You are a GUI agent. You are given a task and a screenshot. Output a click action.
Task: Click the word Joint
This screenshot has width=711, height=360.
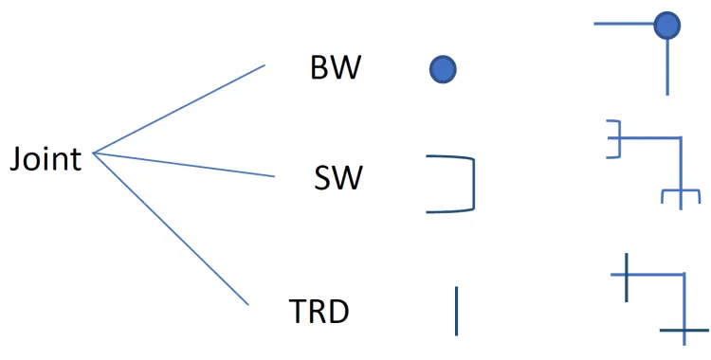pos(46,159)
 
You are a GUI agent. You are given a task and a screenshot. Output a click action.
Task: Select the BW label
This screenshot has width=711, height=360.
pos(336,69)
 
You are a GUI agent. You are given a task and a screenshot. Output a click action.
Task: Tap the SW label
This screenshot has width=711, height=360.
pos(338,178)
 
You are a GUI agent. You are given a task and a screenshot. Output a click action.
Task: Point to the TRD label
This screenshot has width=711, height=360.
pos(319,312)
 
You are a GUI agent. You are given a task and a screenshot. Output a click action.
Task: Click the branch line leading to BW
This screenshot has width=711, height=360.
pos(179,109)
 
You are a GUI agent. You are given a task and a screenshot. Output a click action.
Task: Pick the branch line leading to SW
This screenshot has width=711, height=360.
pos(184,165)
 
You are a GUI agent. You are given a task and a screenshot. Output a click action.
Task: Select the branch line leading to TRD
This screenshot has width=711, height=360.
pos(171,229)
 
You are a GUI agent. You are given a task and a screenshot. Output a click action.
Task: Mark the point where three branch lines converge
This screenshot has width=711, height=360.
pos(94,153)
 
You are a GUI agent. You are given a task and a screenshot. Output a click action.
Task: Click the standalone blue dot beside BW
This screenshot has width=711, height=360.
pos(443,70)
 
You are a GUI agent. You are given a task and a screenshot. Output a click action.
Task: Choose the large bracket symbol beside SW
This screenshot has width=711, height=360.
pos(473,184)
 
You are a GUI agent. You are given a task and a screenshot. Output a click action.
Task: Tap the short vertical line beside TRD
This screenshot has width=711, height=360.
pos(457,311)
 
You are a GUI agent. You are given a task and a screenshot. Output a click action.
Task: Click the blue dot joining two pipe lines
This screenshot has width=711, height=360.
pos(667,25)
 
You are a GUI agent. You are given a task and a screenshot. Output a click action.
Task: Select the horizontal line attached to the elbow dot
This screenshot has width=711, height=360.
pos(624,24)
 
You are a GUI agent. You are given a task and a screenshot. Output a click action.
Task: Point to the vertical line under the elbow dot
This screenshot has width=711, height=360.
pos(667,66)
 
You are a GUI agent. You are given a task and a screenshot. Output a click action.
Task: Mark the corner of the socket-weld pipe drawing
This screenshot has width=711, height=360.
pos(681,137)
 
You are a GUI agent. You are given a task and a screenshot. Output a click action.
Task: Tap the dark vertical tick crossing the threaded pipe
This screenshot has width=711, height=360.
pos(627,278)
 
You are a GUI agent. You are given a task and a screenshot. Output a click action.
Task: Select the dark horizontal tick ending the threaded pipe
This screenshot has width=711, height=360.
pos(684,331)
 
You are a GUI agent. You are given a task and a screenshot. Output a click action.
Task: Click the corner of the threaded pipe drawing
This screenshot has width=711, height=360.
pos(684,275)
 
